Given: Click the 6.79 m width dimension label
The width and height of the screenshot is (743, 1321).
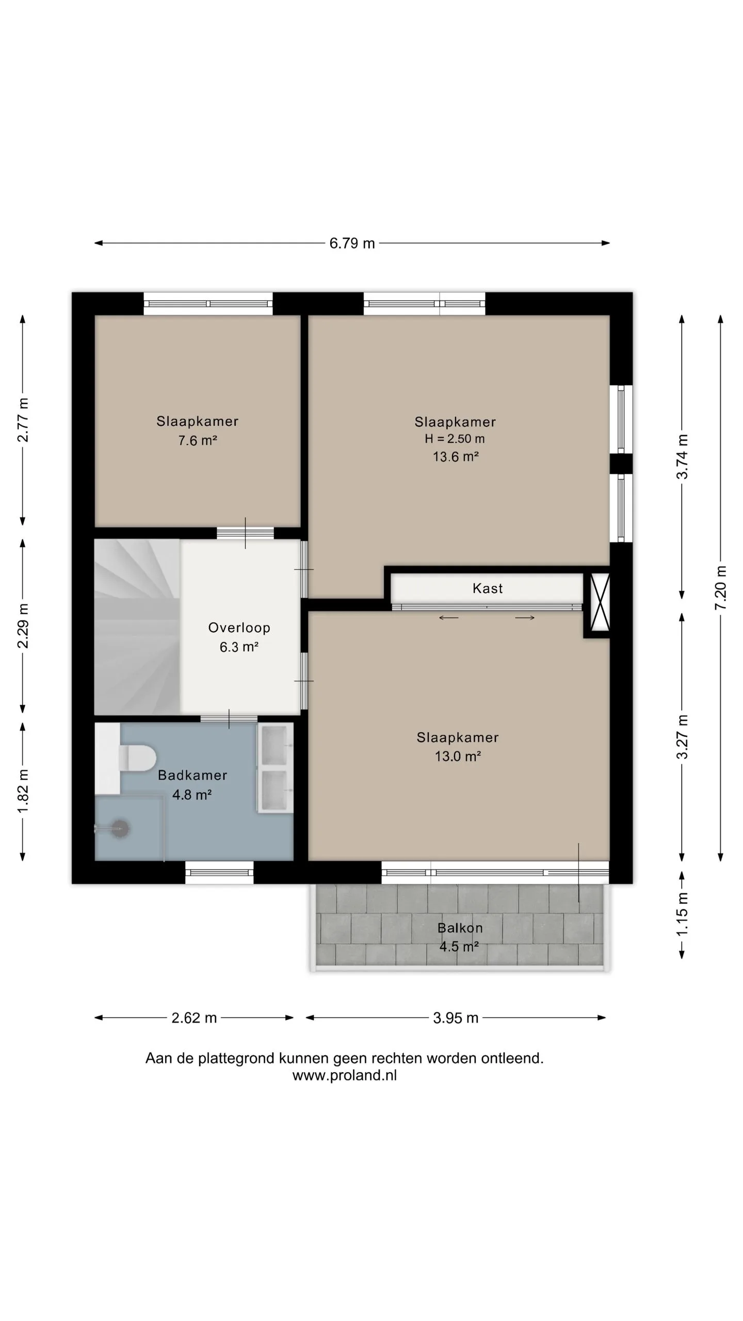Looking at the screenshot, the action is point(352,243).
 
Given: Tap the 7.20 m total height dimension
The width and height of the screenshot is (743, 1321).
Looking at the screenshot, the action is point(721,587).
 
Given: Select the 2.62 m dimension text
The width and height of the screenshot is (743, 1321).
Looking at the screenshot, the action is point(194,1018).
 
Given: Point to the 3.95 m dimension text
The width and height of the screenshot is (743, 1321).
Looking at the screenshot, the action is point(456,1018).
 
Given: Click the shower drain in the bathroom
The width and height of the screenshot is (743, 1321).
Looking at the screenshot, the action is point(120,829).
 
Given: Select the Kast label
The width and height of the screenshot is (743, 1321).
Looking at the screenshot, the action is point(488,588).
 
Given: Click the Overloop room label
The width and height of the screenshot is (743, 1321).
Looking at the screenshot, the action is point(239,627).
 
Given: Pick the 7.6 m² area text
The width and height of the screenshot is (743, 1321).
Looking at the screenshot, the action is point(198,440).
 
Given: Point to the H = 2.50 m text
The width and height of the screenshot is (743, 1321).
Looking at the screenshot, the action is point(455,439).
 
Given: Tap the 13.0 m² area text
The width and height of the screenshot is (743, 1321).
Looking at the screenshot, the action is point(458,756).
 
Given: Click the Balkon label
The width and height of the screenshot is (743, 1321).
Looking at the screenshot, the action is point(460,928).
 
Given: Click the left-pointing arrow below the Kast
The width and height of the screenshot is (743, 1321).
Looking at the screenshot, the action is point(448,618).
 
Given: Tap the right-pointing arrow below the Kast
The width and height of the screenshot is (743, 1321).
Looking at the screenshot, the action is point(525,618).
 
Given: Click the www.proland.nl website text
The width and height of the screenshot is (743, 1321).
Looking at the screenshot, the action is point(345,1075).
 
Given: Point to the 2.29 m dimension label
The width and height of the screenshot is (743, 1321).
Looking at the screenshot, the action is point(23,625).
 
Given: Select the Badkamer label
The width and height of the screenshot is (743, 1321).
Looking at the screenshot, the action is point(192,775).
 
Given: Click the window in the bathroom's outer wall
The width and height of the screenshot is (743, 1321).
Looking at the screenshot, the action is point(219,873).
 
